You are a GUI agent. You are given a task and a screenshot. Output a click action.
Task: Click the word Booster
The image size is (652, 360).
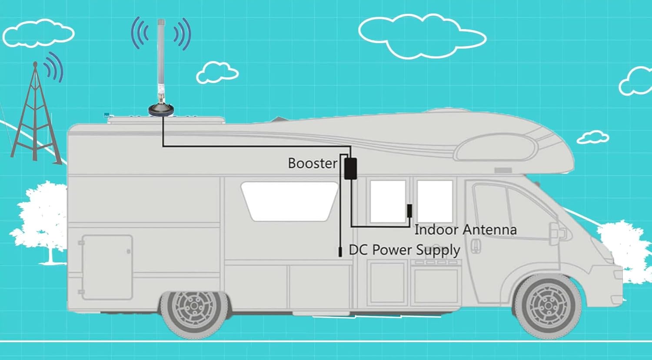point(313,163)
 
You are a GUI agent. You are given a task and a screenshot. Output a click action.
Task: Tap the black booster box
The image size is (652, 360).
point(350,168)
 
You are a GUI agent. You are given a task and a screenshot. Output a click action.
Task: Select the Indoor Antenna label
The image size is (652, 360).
point(466,230)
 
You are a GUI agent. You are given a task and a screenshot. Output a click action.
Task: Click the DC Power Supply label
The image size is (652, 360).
point(405,250)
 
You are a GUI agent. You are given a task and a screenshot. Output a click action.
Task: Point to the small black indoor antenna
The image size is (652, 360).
point(409,211)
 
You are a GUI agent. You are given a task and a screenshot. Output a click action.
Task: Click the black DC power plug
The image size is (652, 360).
point(340,251)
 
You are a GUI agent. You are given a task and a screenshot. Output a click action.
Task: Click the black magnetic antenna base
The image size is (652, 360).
point(162,110)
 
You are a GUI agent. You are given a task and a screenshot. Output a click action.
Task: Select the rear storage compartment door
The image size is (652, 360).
point(107,267)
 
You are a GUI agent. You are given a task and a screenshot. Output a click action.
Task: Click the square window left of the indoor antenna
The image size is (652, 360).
point(388,201)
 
